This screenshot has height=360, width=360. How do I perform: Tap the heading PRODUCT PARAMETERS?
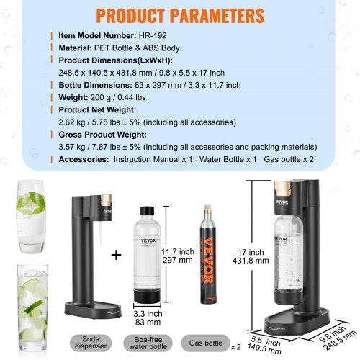[180, 14]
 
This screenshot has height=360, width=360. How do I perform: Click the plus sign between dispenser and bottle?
[116, 255]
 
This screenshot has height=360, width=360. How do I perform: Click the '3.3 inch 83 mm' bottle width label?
[148, 318]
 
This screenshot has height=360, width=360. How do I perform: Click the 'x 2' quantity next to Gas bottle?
[235, 346]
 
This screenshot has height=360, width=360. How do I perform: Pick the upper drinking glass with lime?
[32, 216]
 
